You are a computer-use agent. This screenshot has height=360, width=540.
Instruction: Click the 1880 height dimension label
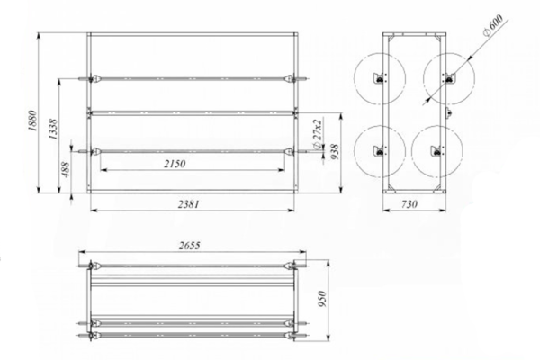tap(32, 121)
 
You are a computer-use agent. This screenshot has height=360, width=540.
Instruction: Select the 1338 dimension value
tap(53, 130)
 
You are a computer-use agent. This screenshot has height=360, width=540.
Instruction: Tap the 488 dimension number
tap(66, 169)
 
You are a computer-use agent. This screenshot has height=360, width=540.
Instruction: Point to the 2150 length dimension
tap(175, 164)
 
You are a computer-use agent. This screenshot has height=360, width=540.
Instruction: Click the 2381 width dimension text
tap(188, 204)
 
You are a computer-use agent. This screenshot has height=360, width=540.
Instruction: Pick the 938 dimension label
tap(335, 152)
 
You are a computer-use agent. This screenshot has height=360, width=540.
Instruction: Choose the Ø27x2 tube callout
tap(317, 134)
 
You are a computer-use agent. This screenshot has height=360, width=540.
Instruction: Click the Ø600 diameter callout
tap(493, 25)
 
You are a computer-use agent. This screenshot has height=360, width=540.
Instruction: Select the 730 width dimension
tap(409, 204)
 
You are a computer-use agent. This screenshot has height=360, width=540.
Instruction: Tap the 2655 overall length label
tap(189, 246)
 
